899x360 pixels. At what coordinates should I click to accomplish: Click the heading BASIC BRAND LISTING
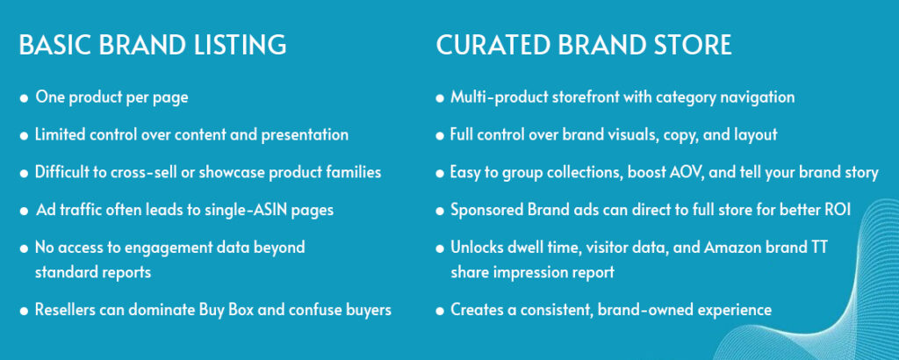click(153, 45)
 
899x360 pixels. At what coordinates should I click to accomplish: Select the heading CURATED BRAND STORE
click(584, 45)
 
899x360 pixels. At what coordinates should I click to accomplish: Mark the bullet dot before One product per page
click(24, 98)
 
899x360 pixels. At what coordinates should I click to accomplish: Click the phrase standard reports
click(93, 271)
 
